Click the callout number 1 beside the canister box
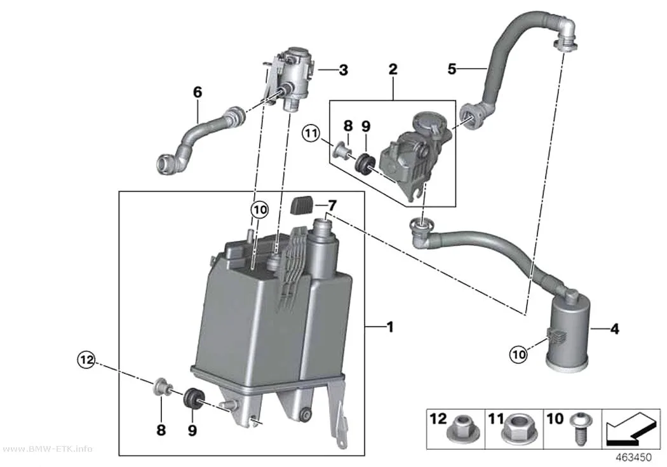(x=389, y=327)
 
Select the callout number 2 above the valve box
(x=393, y=69)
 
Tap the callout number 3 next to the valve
(x=343, y=70)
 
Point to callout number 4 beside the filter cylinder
(x=615, y=328)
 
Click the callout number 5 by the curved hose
(x=452, y=69)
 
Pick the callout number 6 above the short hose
(x=198, y=92)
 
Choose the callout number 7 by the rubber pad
(x=332, y=206)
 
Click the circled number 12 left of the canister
(x=86, y=360)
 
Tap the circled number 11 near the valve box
(x=311, y=134)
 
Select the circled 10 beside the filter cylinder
(x=518, y=354)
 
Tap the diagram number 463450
(x=634, y=457)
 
